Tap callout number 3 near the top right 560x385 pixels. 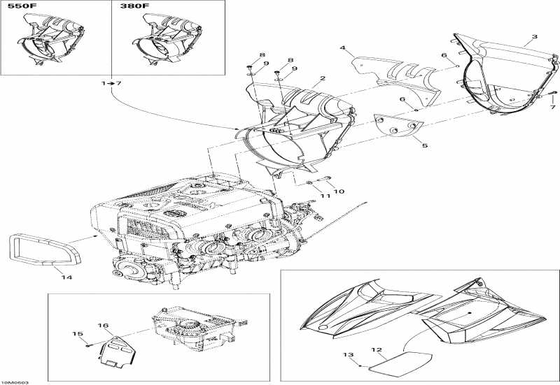534,36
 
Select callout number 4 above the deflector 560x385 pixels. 343,48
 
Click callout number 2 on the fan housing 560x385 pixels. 323,79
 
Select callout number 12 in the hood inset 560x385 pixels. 376,349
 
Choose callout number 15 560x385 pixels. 77,334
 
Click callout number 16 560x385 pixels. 103,326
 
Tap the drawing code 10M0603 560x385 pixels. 15,382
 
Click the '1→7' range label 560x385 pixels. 111,83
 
